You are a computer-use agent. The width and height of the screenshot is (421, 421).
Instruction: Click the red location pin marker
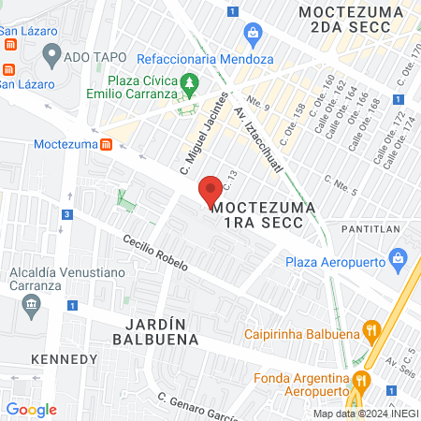[x=210, y=189]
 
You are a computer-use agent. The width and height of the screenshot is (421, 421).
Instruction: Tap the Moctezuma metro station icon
[x=108, y=145]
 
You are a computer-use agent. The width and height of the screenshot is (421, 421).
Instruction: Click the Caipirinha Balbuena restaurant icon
[x=372, y=329]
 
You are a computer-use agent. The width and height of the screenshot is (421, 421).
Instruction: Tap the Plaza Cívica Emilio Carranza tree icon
[x=191, y=84]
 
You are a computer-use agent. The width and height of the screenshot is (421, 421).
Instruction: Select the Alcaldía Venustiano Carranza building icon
[x=32, y=304]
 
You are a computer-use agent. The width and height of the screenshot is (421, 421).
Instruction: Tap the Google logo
[x=32, y=409]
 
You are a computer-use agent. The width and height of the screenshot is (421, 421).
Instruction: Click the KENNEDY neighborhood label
[x=64, y=359]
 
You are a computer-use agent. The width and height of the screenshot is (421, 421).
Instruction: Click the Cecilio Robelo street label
[x=156, y=253]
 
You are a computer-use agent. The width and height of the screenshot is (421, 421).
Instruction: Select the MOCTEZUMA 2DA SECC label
[x=351, y=20]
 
